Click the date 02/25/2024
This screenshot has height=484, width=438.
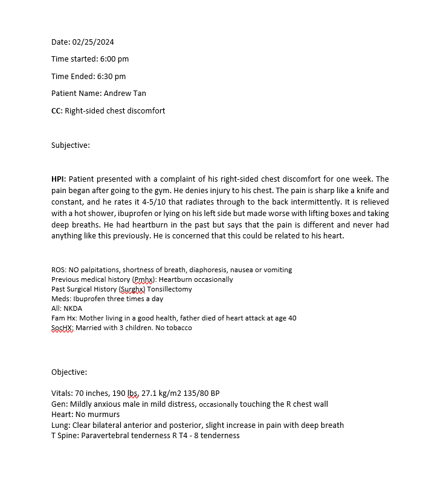pyautogui.click(x=93, y=42)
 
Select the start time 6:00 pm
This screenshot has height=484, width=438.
pyautogui.click(x=114, y=59)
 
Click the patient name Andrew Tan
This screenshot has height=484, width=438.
pyautogui.click(x=125, y=94)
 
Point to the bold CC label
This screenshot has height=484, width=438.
pyautogui.click(x=57, y=111)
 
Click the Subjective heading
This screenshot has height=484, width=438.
pyautogui.click(x=71, y=145)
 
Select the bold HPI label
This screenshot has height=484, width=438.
pyautogui.click(x=58, y=179)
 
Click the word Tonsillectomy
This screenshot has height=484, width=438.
pyautogui.click(x=171, y=289)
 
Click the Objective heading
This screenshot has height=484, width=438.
pyautogui.click(x=69, y=372)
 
